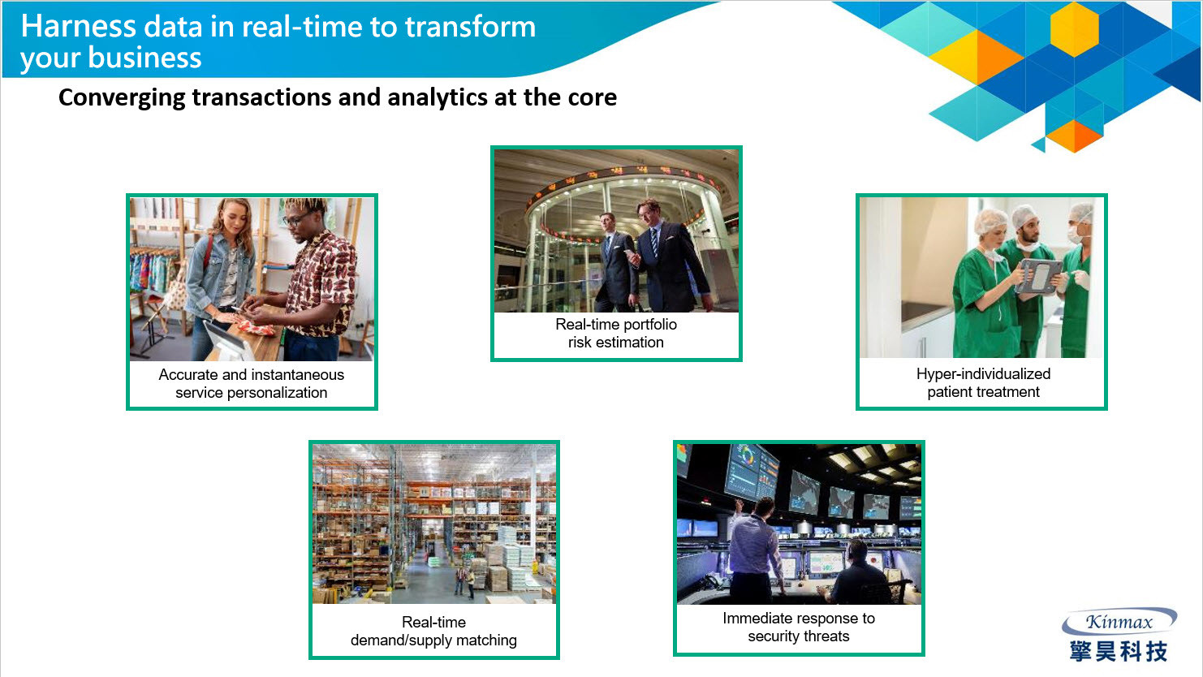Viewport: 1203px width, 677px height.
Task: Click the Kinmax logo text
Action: pos(1119,622)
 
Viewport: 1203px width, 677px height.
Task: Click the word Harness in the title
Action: pos(79,26)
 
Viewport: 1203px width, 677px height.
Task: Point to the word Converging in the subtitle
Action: pos(122,98)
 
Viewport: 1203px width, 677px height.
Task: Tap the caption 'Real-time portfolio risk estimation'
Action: pos(616,334)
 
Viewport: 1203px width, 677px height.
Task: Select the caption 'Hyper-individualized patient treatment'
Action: pos(983,383)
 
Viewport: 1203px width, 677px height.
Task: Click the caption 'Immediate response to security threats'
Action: pos(799,627)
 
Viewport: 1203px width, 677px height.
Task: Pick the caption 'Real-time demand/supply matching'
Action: pos(434,632)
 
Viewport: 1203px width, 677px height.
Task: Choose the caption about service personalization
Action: pos(252,383)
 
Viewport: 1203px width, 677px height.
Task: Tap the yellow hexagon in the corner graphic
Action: pos(1074,29)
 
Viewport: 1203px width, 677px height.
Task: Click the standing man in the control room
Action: pos(753,548)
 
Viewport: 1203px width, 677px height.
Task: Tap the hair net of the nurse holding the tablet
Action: pos(991,221)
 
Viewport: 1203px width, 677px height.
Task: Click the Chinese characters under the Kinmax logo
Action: pos(1119,651)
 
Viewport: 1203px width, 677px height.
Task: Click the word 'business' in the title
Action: pos(144,58)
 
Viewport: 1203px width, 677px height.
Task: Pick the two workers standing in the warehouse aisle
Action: pos(464,582)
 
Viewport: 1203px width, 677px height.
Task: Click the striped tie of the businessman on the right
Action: pos(654,243)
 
